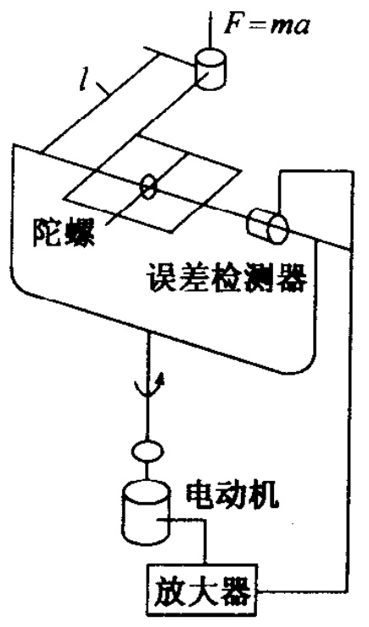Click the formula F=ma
266,25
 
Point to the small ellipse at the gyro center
148,186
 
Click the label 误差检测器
226,278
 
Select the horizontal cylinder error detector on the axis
267,226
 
